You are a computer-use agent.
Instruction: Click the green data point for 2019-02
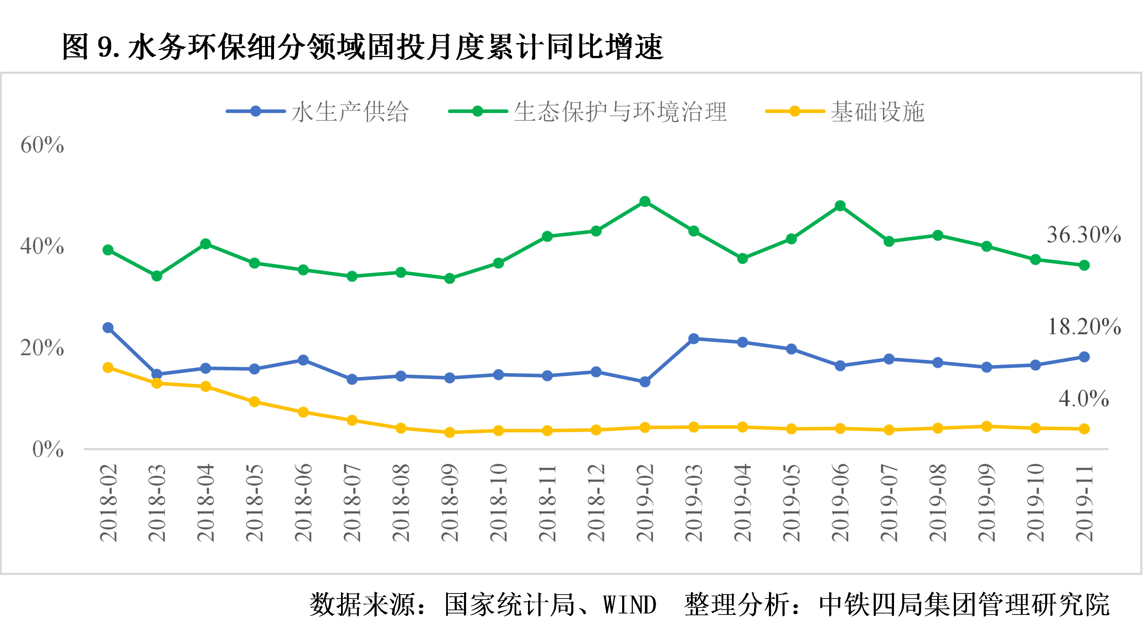point(644,201)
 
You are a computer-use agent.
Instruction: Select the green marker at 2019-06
point(840,206)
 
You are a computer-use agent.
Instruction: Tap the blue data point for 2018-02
point(108,327)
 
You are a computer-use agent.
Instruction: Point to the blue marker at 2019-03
point(693,338)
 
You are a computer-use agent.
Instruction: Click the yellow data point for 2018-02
point(108,368)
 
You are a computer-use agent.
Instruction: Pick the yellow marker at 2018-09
point(449,432)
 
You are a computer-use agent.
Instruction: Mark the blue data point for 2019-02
point(644,382)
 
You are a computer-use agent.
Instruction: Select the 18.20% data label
point(1084,327)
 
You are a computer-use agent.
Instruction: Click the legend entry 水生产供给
point(350,111)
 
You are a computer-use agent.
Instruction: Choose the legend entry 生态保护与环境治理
point(620,111)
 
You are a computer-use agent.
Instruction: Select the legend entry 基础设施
point(877,111)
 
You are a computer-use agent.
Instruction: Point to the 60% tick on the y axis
point(42,145)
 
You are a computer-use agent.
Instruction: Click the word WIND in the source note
point(630,605)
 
